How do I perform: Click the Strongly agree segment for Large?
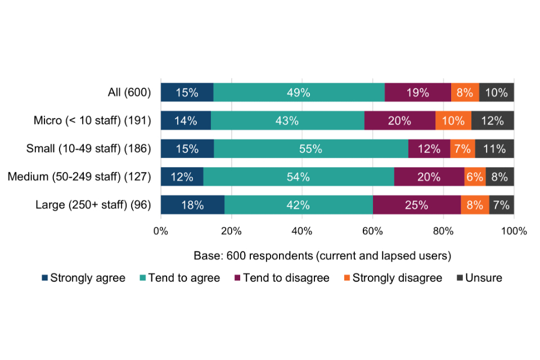pyautogui.click(x=192, y=205)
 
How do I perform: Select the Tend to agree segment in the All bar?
pyautogui.click(x=299, y=93)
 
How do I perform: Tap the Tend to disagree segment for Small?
pyautogui.click(x=429, y=149)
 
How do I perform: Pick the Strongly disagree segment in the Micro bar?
pyautogui.click(x=453, y=121)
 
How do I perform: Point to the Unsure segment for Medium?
pyautogui.click(x=499, y=177)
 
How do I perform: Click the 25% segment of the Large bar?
pyautogui.click(x=417, y=205)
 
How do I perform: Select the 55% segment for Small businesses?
pyautogui.click(x=311, y=149)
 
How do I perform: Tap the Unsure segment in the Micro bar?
pyautogui.click(x=493, y=121)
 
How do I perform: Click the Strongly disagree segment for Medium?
pyautogui.click(x=475, y=177)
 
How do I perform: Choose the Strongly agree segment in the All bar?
pyautogui.click(x=187, y=93)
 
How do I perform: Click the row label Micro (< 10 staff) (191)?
pyautogui.click(x=92, y=121)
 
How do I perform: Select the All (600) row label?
pyautogui.click(x=129, y=93)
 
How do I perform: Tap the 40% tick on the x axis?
pyautogui.click(x=302, y=231)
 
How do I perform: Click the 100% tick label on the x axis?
pyautogui.click(x=514, y=231)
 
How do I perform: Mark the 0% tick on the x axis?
pyautogui.click(x=161, y=231)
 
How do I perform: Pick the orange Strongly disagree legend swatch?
pyautogui.click(x=346, y=278)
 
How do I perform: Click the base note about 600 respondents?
pyautogui.click(x=322, y=255)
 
